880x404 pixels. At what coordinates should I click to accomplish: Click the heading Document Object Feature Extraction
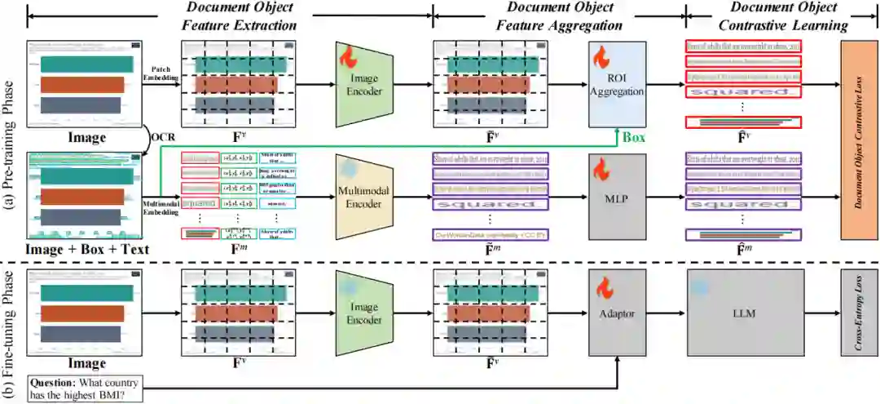(x=240, y=16)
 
